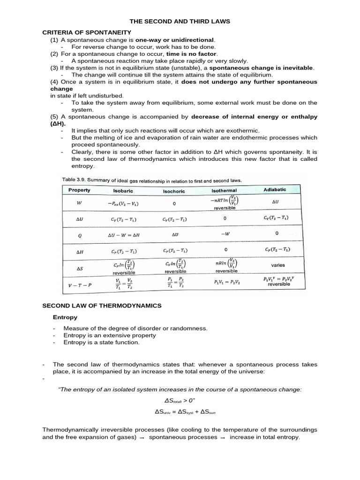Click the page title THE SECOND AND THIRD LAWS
point(180,22)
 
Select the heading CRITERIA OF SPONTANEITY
point(80,33)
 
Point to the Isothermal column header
point(224,191)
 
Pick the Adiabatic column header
point(275,189)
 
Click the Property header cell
point(79,190)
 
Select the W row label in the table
point(79,204)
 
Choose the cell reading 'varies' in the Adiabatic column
point(277,265)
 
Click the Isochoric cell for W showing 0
point(174,204)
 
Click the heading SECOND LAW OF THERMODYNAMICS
point(102,306)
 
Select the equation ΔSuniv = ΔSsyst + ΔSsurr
point(180,412)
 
